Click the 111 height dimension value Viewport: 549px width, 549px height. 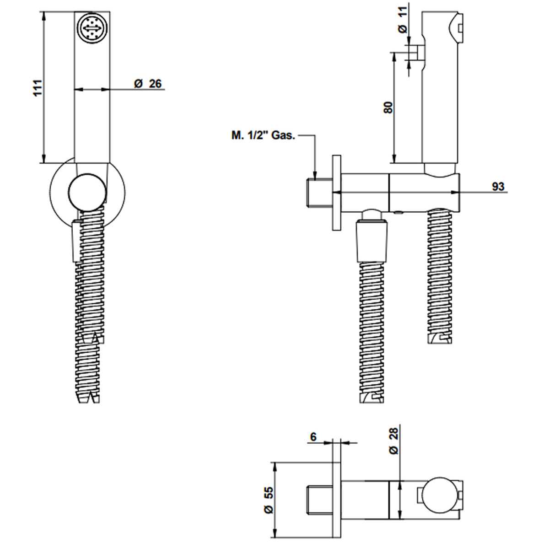[38, 88]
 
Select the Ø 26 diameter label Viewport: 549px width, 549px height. [148, 84]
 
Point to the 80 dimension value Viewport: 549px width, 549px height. [388, 108]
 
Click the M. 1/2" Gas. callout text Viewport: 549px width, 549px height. [263, 135]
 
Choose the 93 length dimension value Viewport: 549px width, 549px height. [498, 187]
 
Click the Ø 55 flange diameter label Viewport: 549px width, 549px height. [269, 500]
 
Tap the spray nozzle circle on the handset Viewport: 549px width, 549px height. [92, 30]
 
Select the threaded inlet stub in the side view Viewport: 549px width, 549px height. [319, 192]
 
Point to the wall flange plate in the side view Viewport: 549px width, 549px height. [337, 193]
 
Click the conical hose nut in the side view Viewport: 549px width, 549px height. [372, 242]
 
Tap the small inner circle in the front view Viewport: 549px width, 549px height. [87, 192]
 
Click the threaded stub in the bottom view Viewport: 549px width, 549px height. [319, 501]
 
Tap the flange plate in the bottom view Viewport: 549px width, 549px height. [337, 501]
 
